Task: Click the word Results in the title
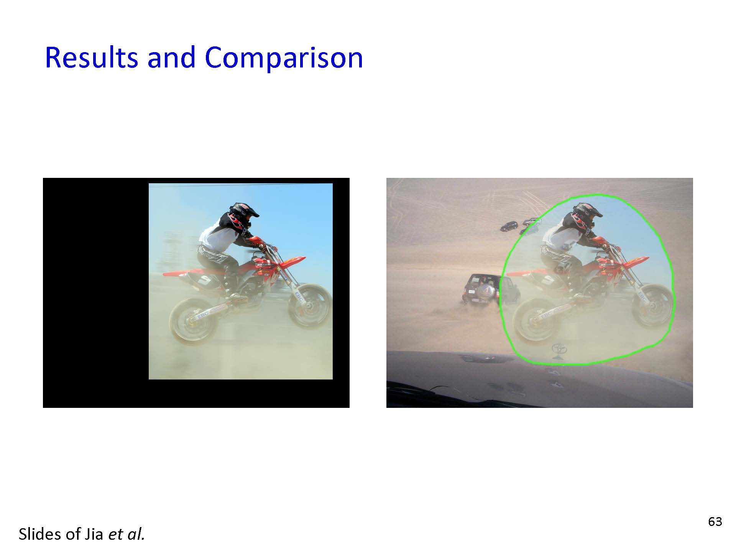tap(91, 58)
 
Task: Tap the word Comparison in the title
tap(284, 58)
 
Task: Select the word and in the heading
tap(171, 58)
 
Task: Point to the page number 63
tap(715, 522)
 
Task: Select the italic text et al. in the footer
tap(127, 534)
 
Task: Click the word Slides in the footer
tap(42, 534)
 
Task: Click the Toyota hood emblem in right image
tap(559, 350)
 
